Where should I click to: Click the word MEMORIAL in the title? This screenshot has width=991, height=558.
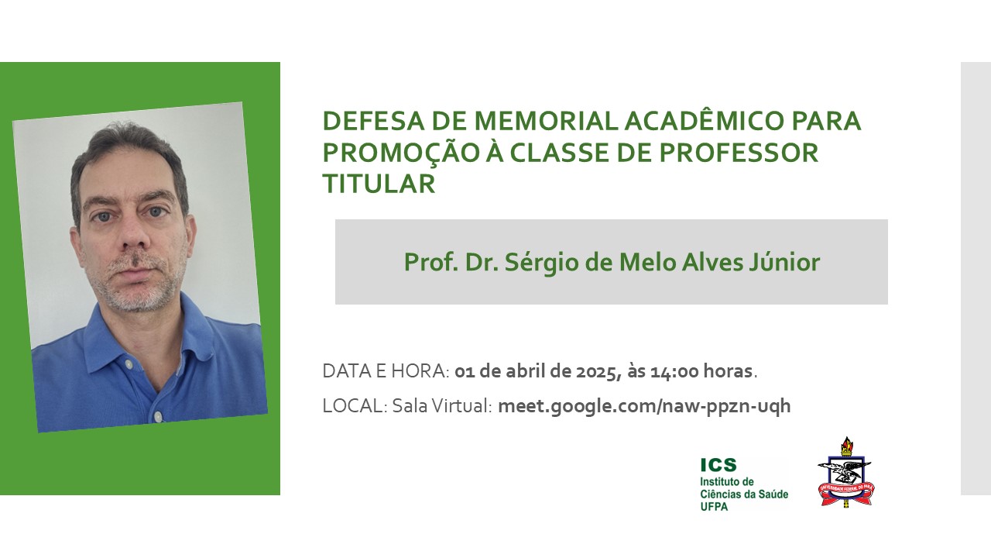coord(546,122)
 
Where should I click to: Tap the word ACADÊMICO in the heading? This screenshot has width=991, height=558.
coord(705,120)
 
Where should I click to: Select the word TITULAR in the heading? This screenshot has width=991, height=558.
coord(379,184)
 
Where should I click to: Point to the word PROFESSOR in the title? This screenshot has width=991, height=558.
coord(739,153)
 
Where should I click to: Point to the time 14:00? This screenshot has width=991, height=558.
coord(674,371)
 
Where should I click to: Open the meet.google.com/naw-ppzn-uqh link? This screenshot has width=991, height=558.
coord(644,405)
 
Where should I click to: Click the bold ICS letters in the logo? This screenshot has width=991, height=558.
coord(718,465)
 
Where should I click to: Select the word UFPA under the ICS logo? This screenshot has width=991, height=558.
coord(714,507)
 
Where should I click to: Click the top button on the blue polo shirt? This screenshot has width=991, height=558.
coord(129,364)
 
